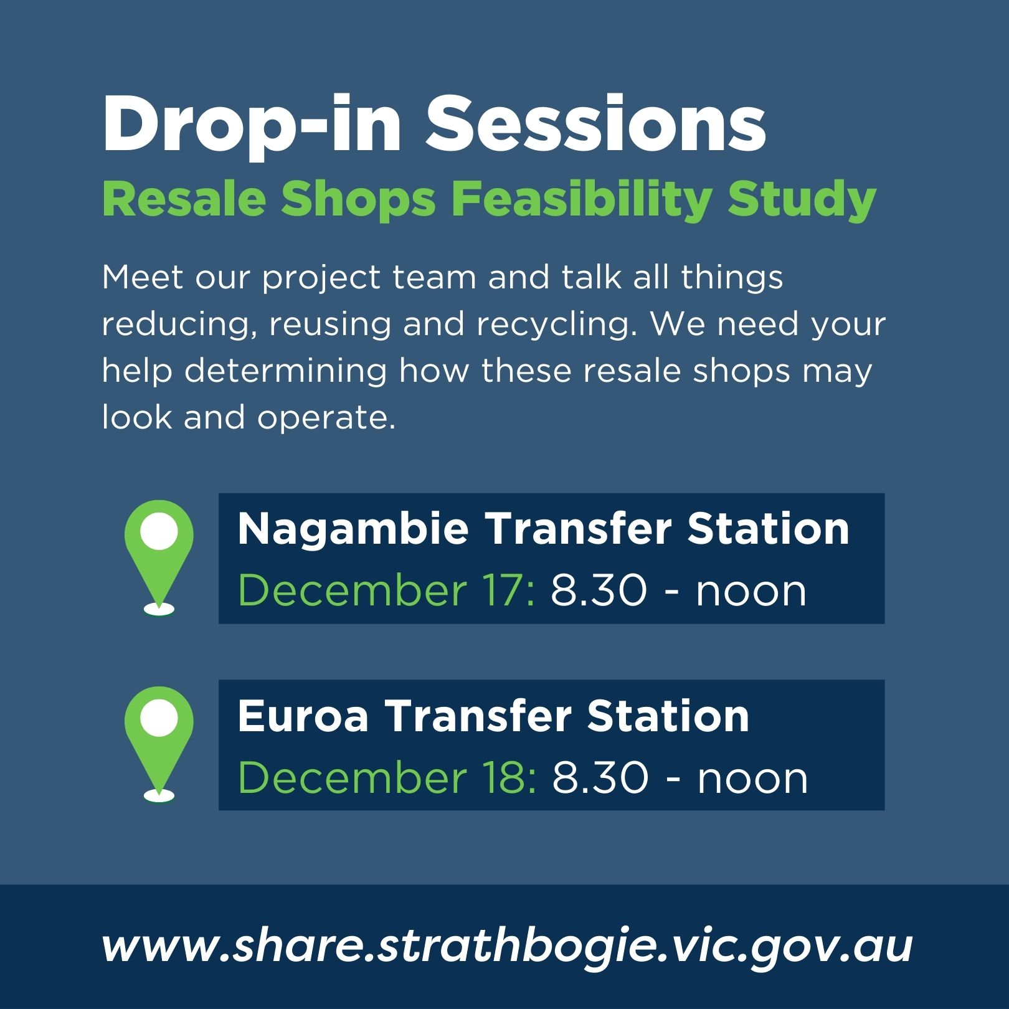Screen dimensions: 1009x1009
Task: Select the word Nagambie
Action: pyautogui.click(x=353, y=529)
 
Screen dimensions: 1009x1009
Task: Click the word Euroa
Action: pyautogui.click(x=303, y=716)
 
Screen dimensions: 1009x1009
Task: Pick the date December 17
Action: pyautogui.click(x=386, y=590)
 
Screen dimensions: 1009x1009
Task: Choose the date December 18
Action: pyautogui.click(x=387, y=777)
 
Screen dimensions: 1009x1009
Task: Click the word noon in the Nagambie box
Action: pyautogui.click(x=751, y=590)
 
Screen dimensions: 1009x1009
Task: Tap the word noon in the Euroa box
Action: pyautogui.click(x=752, y=777)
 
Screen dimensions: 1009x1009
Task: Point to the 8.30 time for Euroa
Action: pyautogui.click(x=600, y=777)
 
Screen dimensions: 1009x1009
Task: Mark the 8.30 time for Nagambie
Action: pyautogui.click(x=599, y=590)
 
